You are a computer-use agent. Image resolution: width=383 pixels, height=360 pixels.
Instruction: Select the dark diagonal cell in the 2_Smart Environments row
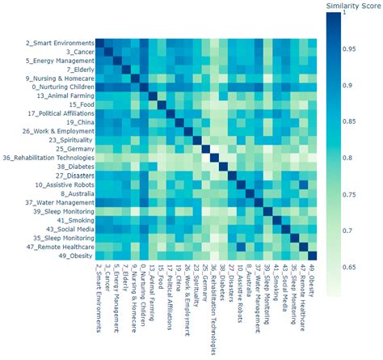tap(101, 42)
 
